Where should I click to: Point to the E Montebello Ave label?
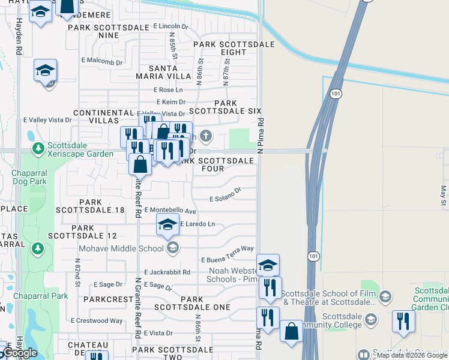170,211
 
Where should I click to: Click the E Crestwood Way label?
97,321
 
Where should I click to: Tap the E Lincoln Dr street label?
170,26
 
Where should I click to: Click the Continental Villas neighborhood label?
103,116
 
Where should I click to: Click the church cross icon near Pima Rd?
206,136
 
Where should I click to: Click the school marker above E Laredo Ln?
167,224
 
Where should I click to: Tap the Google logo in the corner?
20,353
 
